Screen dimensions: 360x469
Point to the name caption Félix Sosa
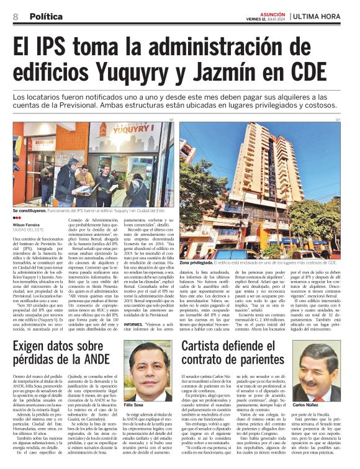(133, 404)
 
